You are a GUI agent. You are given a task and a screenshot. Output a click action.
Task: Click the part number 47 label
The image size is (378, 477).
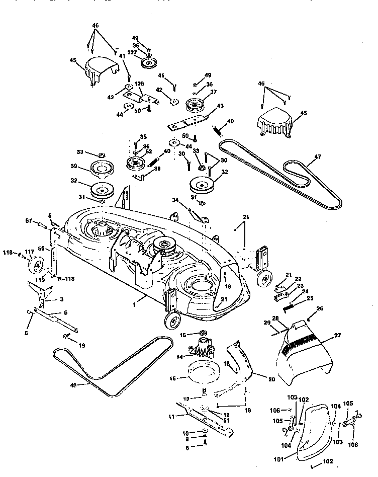[x=317, y=157]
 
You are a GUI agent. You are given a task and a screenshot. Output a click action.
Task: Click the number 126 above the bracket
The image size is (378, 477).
[x=139, y=84]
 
